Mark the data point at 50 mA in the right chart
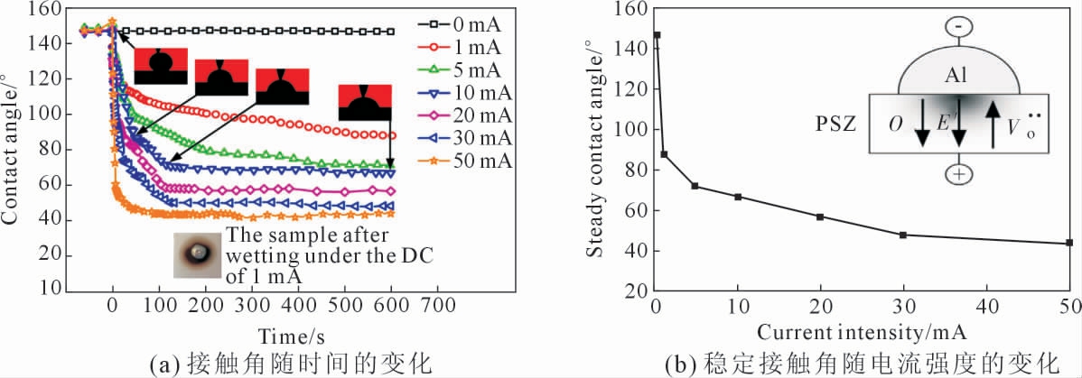(1069, 243)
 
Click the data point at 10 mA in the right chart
(739, 197)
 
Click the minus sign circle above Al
(957, 27)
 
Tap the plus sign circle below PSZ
(957, 173)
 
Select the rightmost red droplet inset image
(365, 102)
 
